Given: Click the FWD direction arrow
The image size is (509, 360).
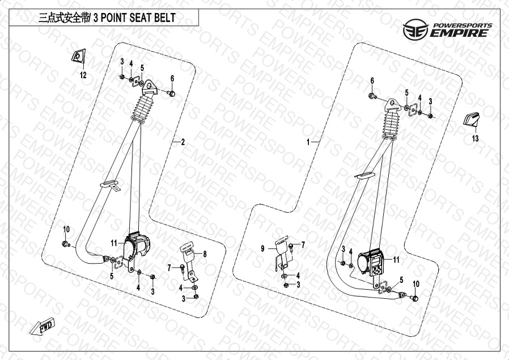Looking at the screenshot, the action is pos(42,325).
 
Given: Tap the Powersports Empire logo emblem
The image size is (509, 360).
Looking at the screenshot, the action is pos(416,29).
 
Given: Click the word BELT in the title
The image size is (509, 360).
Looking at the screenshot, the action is pos(164,18).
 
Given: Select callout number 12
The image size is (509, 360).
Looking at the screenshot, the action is pos(83,75).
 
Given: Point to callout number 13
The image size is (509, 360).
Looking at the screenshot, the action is pos(475,138).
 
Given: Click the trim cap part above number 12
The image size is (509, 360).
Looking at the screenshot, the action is pos(79,56).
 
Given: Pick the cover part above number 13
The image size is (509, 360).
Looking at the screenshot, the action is pos(472,119).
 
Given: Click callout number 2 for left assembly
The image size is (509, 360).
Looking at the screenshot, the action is pos(183,142).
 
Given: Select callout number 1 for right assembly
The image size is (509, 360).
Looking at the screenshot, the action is pos(308,142).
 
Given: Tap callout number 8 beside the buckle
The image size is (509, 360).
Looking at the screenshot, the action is pos(205,254).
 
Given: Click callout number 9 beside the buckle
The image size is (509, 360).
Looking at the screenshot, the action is pos(262,249).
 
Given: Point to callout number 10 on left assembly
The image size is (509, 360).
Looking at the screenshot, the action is pos(66,230).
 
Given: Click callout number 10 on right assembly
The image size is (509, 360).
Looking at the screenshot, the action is pos(416,284).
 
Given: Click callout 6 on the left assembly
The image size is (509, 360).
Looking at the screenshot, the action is pos(172,78).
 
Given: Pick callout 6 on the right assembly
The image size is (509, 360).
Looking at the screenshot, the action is pos(372,81).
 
